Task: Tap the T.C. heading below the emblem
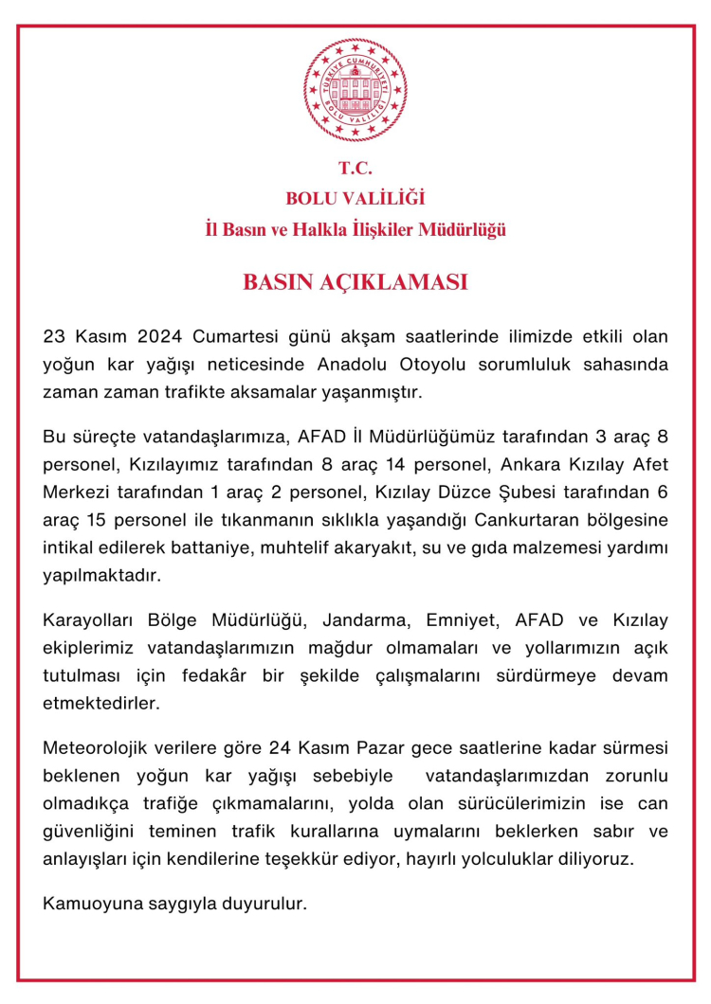(x=355, y=170)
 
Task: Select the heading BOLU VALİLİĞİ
(x=355, y=199)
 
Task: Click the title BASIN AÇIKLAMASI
(x=355, y=282)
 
